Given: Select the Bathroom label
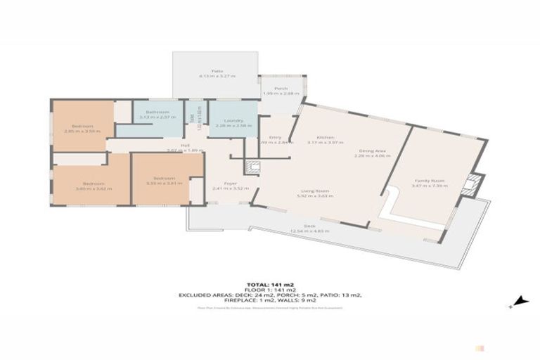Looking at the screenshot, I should point(157,112).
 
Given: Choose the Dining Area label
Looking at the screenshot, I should point(372,150).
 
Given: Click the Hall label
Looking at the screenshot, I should point(185,146).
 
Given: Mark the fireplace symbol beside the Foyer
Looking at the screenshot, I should point(252,167).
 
